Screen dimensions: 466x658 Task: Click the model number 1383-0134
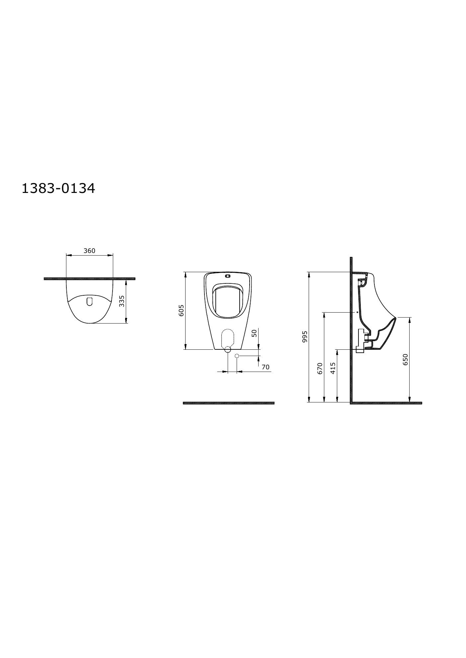click(58, 188)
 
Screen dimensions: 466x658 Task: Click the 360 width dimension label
click(89, 251)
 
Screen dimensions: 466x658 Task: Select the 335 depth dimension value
click(122, 301)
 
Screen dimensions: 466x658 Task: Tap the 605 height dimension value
click(181, 310)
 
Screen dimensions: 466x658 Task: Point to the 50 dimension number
click(254, 333)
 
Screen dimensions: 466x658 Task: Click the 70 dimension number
click(266, 367)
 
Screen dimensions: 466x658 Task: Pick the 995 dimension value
click(305, 336)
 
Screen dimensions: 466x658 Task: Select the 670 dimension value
click(320, 368)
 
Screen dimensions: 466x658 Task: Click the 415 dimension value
click(333, 368)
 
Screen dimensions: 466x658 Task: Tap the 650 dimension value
click(405, 359)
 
